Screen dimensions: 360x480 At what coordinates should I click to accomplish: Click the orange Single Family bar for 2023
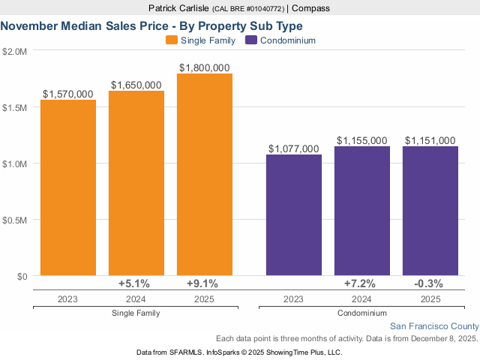click(68, 187)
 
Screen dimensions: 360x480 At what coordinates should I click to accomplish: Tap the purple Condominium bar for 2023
click(294, 214)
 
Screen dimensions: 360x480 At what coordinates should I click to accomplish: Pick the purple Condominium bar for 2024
click(362, 210)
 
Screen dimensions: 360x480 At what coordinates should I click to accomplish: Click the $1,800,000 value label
click(205, 67)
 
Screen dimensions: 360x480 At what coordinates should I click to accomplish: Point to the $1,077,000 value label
click(294, 149)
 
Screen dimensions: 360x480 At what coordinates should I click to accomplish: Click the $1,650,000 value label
click(136, 85)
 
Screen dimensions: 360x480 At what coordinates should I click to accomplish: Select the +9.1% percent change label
click(202, 283)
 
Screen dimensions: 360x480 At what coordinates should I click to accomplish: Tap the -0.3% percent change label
click(428, 283)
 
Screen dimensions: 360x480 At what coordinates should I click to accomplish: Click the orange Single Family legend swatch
click(172, 40)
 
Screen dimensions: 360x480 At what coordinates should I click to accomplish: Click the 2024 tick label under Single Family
click(136, 298)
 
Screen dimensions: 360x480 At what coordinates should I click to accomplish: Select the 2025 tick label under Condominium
click(430, 298)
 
